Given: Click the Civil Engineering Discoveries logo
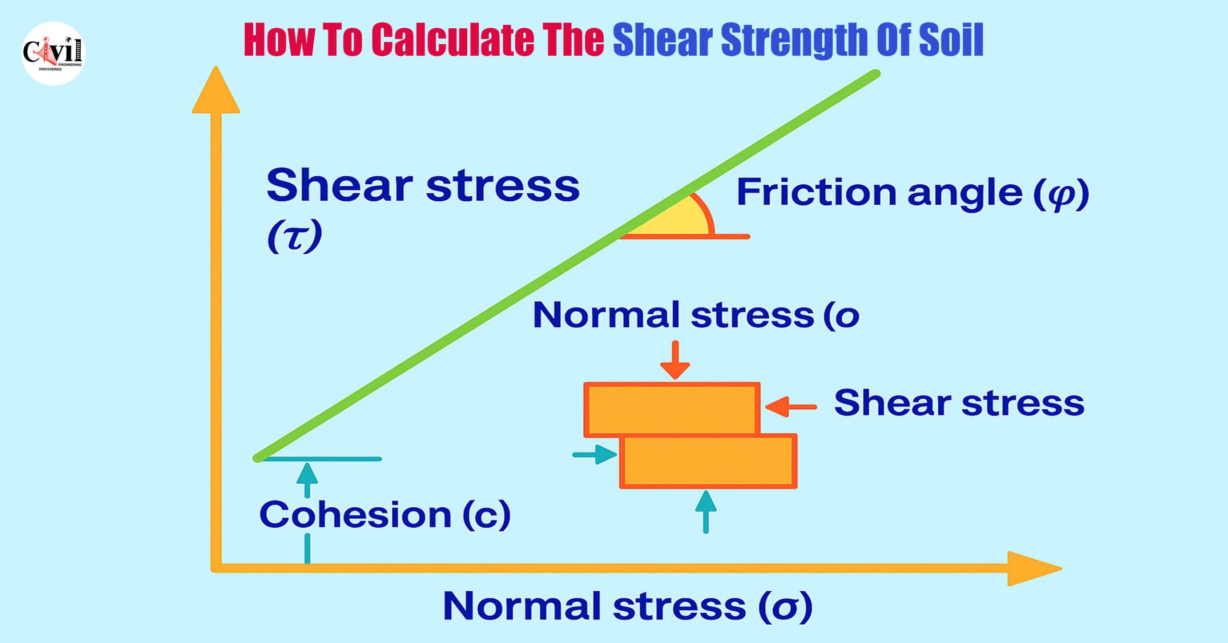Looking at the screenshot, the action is click(x=54, y=53).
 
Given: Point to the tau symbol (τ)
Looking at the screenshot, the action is click(x=294, y=237).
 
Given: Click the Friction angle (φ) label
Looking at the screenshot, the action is click(x=913, y=193).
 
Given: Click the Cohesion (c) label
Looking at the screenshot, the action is click(x=385, y=515).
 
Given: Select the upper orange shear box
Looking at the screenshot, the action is click(x=672, y=409).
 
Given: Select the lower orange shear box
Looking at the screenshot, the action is click(x=708, y=461).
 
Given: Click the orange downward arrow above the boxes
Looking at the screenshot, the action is click(x=675, y=360).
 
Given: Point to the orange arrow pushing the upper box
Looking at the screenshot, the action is click(x=791, y=407).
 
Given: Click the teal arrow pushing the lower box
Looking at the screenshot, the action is click(x=595, y=454).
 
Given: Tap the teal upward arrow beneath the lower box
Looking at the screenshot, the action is click(x=706, y=512).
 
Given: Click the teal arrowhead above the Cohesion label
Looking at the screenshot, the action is click(x=307, y=473).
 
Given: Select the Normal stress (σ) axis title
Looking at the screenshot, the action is click(x=628, y=607).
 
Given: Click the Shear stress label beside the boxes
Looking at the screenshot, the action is click(x=959, y=403).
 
